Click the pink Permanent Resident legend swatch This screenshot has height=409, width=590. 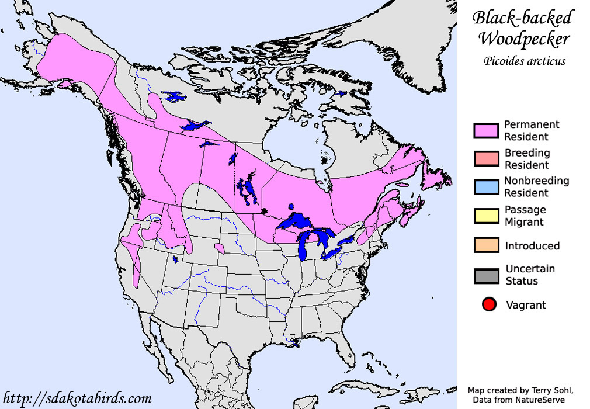[486, 130]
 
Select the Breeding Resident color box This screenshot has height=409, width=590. [486, 158]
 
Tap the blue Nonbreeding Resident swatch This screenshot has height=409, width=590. [486, 187]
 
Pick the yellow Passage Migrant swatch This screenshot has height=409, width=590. [486, 216]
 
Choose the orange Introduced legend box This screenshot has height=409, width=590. [486, 245]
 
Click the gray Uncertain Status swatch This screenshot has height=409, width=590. [486, 275]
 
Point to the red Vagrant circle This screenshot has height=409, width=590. [489, 304]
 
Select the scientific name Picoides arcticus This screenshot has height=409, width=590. [524, 61]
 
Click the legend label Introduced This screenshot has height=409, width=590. [532, 246]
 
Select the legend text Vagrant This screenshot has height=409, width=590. [526, 305]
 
